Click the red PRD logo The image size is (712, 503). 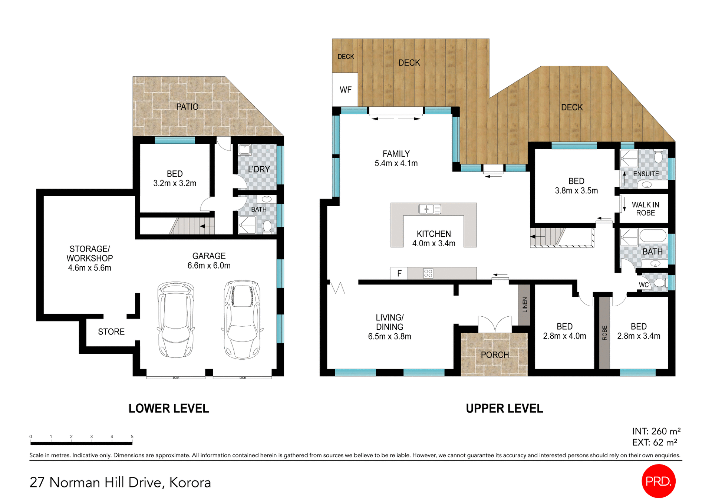pos(658,481)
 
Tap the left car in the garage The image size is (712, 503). pos(176,319)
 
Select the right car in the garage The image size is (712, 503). pos(242,319)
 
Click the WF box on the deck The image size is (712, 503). pos(345,90)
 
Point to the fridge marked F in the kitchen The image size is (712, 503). pos(399,273)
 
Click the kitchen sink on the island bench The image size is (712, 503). pos(429,209)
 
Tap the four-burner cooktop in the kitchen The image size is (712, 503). pos(428,273)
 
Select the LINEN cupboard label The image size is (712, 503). pos(524,305)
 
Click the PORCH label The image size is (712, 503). pos(495,355)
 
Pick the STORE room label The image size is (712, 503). pos(111,332)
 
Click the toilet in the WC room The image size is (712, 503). pos(660,283)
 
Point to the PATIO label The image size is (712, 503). pos(187,107)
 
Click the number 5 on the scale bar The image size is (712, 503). pos(132,437)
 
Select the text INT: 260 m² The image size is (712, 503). pos(656,431)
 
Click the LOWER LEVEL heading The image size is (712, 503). pos(169,409)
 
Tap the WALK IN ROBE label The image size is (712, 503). pos(645,209)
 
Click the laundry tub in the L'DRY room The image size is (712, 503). pos(245,150)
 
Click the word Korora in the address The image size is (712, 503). pos(190,483)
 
